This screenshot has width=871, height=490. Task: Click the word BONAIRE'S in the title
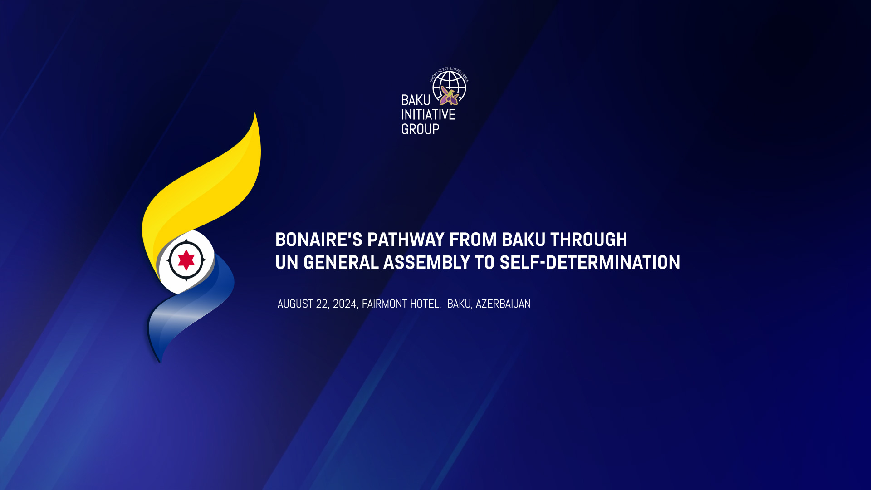[x=319, y=240]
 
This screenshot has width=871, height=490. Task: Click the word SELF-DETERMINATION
[x=590, y=263]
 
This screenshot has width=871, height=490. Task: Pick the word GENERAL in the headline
[x=341, y=263]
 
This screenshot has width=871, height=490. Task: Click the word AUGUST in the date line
[x=295, y=304]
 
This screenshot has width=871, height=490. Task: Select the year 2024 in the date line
[x=345, y=304]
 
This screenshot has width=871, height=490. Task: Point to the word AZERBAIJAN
[x=503, y=304]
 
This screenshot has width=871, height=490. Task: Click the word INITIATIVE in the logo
[x=428, y=115]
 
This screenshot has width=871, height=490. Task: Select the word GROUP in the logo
[x=421, y=129]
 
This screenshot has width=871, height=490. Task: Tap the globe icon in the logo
[x=449, y=87]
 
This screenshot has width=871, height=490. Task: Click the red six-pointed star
[x=186, y=260]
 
